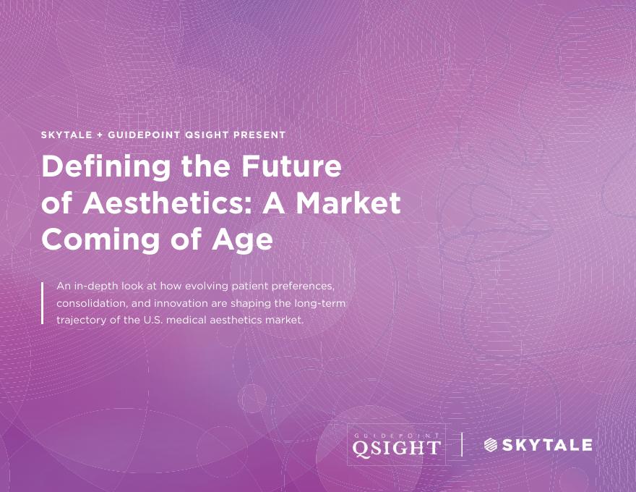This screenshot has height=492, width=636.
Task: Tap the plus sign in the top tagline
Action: tap(100, 135)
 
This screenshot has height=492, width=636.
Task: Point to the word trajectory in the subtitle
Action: tap(79, 320)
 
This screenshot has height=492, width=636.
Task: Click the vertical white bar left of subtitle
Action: tap(43, 302)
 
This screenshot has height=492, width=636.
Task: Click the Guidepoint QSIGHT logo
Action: tap(395, 444)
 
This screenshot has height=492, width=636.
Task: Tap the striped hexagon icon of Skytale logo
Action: tap(491, 445)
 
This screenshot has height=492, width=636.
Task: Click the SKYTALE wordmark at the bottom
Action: tap(546, 445)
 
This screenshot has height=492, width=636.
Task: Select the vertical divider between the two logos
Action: tap(462, 444)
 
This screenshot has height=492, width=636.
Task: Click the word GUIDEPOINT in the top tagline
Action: tap(143, 135)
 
